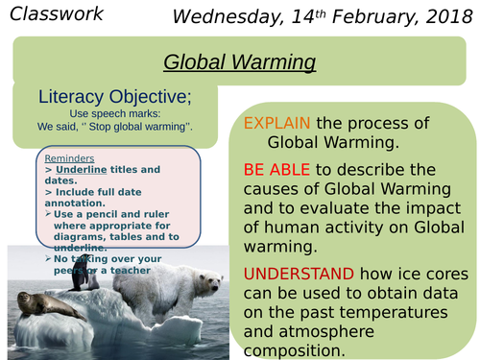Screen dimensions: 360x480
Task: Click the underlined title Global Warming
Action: (x=240, y=61)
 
